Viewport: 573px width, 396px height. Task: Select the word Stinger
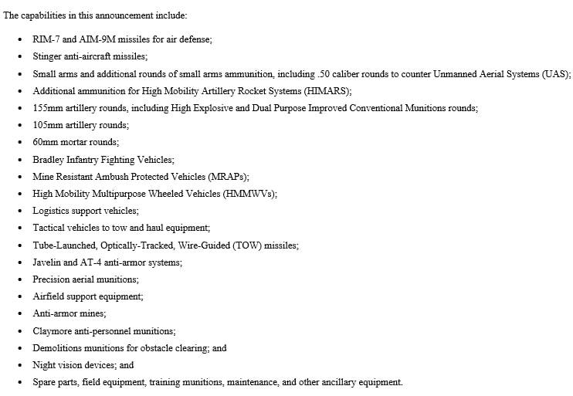48,56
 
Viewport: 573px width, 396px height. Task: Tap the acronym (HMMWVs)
249,194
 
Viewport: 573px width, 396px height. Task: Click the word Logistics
51,211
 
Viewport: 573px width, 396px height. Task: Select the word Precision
51,279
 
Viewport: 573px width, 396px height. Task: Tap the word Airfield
49,296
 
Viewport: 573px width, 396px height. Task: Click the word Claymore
53,331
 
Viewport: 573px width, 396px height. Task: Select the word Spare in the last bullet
45,383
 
